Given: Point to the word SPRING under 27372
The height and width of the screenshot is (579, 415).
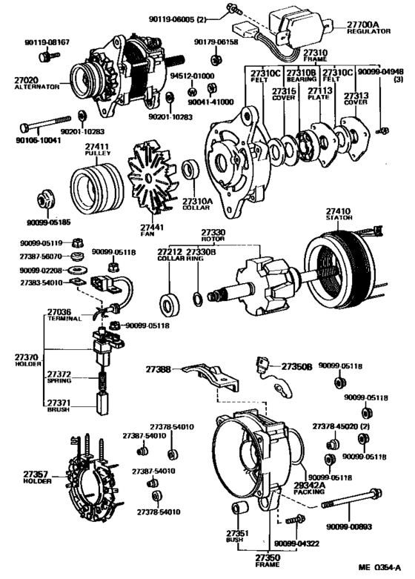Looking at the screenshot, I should click(x=59, y=380).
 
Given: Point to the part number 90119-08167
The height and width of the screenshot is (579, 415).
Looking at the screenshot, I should click(x=45, y=43).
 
